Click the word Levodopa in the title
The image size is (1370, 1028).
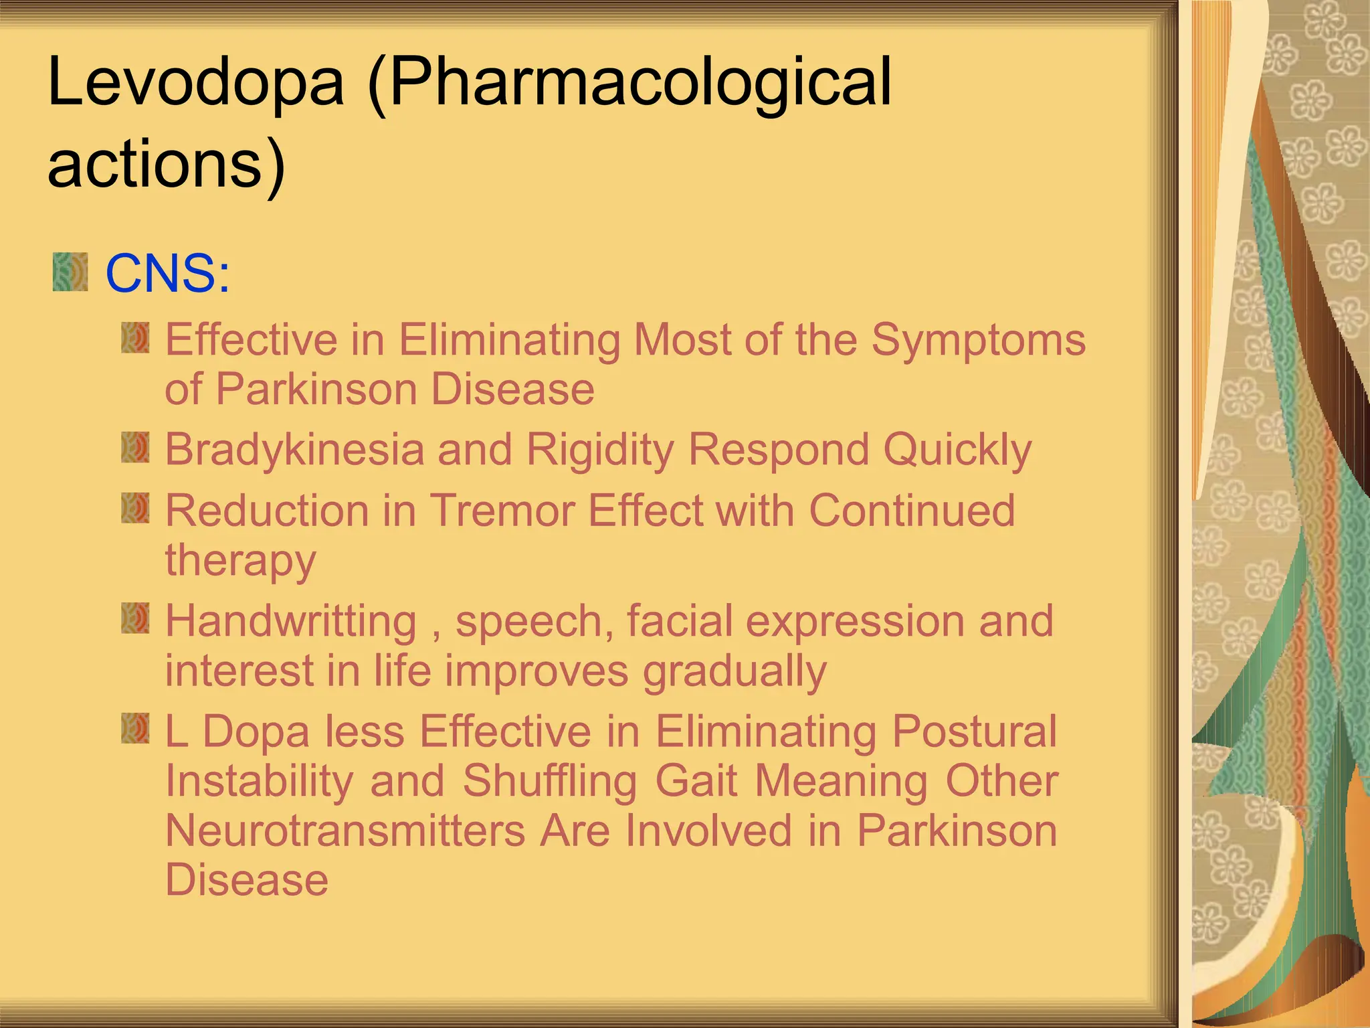195,83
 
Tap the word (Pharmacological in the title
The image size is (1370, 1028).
629,83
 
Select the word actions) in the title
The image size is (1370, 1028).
167,165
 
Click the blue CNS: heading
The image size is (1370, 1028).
168,274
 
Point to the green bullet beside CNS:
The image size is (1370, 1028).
70,272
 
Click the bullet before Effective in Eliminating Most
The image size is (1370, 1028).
135,338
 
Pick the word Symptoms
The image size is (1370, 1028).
978,341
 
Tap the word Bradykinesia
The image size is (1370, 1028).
294,450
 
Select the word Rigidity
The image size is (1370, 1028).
600,450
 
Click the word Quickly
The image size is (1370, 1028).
957,450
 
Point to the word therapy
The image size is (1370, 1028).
240,561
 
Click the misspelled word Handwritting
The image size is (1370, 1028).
291,622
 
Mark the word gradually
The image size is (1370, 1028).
735,671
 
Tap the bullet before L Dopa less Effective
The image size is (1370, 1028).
135,728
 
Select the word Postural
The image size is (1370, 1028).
975,731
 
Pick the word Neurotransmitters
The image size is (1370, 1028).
345,831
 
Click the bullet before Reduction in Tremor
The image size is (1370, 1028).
135,509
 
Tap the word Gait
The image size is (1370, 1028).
696,781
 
